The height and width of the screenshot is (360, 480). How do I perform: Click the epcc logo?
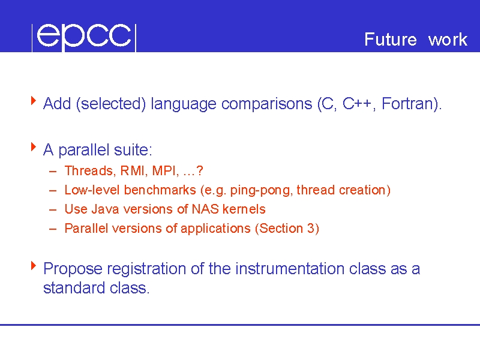coord(84,37)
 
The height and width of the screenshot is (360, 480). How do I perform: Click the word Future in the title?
coord(391,39)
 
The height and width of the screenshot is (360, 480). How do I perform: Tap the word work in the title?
coord(448,39)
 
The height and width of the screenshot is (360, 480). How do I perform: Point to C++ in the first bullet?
coord(356,103)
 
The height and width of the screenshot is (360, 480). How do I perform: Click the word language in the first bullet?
coord(184,104)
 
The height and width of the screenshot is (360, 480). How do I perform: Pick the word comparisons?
coord(266,104)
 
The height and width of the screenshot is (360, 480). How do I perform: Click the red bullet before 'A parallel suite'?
coord(34,146)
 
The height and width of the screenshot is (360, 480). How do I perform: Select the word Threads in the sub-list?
coord(88,171)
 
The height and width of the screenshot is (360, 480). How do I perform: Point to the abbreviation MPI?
coord(164,171)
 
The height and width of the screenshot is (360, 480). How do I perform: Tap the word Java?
coord(106,209)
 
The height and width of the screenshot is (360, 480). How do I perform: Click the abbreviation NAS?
coord(205,209)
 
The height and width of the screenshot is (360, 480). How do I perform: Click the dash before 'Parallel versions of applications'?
coord(53,229)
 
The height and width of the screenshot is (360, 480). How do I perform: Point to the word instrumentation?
coord(290,269)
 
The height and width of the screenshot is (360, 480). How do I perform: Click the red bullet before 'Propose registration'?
coord(34,265)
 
